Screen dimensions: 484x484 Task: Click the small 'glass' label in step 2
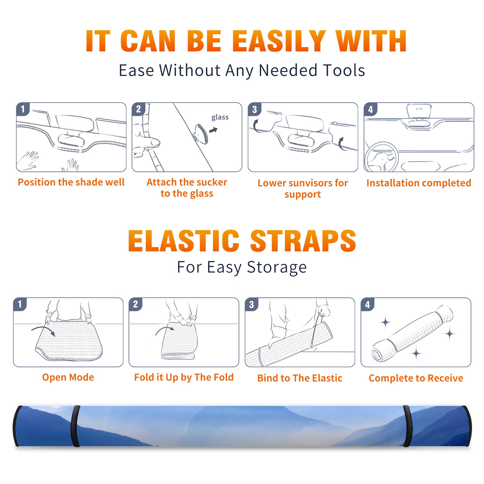click(x=220, y=117)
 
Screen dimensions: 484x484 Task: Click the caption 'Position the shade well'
click(x=71, y=182)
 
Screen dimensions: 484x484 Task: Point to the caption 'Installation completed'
click(x=419, y=183)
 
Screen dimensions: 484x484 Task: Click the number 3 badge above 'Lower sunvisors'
click(x=254, y=109)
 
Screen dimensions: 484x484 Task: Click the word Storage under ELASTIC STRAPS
click(x=276, y=267)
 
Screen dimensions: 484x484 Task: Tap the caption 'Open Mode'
click(x=68, y=377)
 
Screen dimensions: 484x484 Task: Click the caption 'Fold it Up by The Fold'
click(x=184, y=377)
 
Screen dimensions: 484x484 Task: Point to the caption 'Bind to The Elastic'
click(x=300, y=378)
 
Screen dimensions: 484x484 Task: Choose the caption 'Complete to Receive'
click(x=416, y=378)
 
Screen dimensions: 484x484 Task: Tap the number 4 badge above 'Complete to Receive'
click(x=368, y=304)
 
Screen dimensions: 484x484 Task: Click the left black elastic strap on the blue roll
click(x=75, y=426)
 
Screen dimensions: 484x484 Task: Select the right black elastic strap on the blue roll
click(x=407, y=426)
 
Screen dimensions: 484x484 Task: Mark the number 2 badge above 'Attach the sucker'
click(x=139, y=109)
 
